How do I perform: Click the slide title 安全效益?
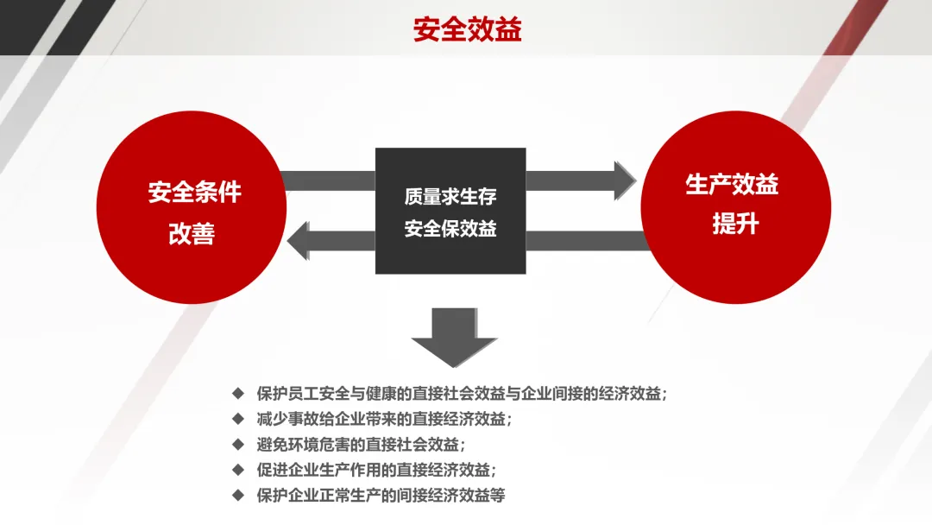[467, 29]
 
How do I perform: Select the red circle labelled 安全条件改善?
[192, 212]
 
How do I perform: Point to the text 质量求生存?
[450, 196]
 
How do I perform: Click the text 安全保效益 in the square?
[450, 230]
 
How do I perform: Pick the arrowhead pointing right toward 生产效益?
[623, 180]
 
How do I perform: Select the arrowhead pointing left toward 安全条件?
[299, 240]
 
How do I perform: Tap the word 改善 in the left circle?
[192, 234]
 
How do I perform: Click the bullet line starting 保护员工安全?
[462, 394]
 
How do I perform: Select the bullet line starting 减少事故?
[384, 420]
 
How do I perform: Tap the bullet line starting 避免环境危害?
[361, 445]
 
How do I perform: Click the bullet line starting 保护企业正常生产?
[380, 496]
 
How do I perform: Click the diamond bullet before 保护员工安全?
[238, 393]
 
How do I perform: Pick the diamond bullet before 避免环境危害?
[238, 444]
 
